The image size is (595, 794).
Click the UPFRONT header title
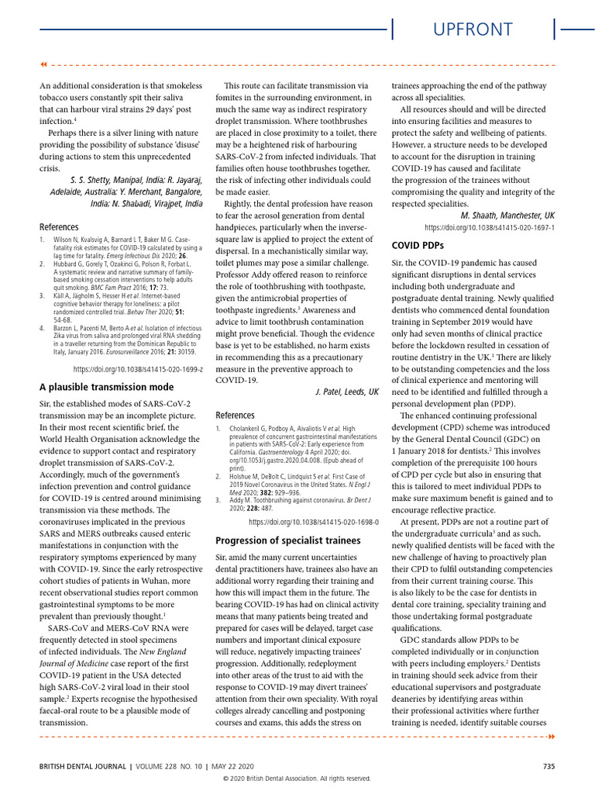(x=473, y=29)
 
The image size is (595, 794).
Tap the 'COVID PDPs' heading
(x=418, y=246)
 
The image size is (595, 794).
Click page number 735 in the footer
(x=549, y=767)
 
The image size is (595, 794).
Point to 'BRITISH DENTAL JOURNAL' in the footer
(x=83, y=767)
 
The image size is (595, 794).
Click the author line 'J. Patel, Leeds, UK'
(x=346, y=392)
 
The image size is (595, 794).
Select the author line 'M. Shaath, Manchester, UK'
(x=507, y=215)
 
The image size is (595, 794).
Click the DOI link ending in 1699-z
(x=138, y=370)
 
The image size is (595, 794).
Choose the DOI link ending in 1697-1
(x=490, y=228)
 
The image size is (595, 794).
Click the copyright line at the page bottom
(x=297, y=778)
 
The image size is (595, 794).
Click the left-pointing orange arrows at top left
(x=43, y=64)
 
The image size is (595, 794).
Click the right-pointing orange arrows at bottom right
(x=551, y=736)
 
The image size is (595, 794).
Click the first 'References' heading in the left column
(x=59, y=227)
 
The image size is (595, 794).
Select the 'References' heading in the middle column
(x=235, y=416)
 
